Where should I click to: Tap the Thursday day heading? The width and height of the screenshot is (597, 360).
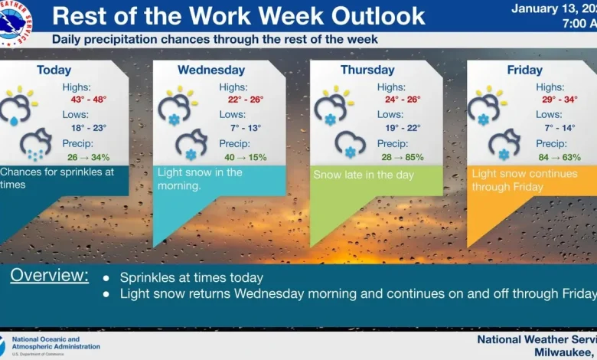[x=367, y=70]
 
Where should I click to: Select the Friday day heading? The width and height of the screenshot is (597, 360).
[x=524, y=70]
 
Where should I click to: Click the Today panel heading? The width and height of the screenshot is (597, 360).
[x=54, y=70]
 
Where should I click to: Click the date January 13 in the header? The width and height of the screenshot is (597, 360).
[x=546, y=8]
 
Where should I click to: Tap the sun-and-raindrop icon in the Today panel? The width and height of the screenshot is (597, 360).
[x=18, y=106]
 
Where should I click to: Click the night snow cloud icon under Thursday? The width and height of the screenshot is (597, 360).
[x=350, y=143]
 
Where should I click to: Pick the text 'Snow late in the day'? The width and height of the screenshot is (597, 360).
[x=364, y=175]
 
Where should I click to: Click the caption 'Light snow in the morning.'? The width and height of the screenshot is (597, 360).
[x=200, y=179]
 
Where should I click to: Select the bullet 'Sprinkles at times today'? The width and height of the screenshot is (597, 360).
[x=191, y=277]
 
